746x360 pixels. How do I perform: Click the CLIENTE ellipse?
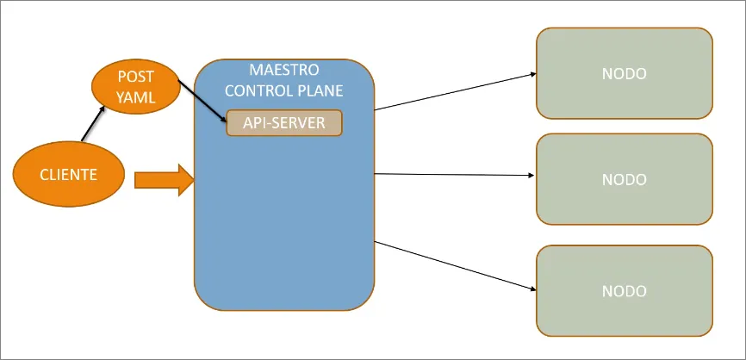[x=68, y=175]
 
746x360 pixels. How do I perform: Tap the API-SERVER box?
[x=284, y=123]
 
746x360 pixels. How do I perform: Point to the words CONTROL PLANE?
[x=283, y=90]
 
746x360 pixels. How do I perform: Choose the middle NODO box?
[x=625, y=179]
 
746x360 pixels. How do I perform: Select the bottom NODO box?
[x=625, y=290]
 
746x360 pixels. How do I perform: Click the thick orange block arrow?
[x=165, y=179]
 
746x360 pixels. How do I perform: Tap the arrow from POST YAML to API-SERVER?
[x=203, y=100]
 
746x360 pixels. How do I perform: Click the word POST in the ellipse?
[x=136, y=78]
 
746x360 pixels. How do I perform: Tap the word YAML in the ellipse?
[x=136, y=96]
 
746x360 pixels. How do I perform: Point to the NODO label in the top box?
[x=625, y=73]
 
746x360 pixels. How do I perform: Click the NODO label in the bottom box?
[x=625, y=290]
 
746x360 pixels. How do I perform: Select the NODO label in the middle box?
[x=625, y=179]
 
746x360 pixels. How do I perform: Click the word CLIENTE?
[x=68, y=175]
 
